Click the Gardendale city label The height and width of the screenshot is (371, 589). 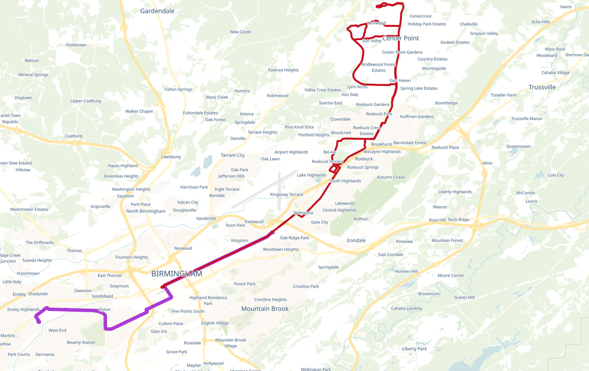click(157, 11)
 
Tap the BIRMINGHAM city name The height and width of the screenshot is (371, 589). click(177, 274)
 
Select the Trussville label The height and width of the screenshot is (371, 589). click(542, 87)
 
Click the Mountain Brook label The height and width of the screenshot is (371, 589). click(265, 309)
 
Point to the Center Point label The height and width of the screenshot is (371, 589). click(401, 38)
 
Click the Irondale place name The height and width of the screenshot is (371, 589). click(356, 240)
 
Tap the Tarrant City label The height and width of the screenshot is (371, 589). click(233, 155)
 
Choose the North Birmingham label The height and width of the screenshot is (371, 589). click(146, 211)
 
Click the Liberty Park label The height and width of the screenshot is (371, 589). click(414, 349)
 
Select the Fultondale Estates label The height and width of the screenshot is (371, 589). click(200, 113)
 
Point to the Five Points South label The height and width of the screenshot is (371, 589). click(188, 311)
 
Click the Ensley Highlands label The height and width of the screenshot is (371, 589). click(23, 310)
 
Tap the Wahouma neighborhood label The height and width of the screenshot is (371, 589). click(303, 213)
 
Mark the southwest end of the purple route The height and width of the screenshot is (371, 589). click(39, 322)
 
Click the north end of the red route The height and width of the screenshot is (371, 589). click(378, 6)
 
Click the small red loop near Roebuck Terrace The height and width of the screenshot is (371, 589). click(334, 169)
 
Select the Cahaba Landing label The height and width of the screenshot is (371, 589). click(406, 308)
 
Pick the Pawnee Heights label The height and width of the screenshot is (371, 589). click(283, 70)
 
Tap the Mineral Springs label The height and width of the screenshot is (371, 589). click(33, 75)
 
